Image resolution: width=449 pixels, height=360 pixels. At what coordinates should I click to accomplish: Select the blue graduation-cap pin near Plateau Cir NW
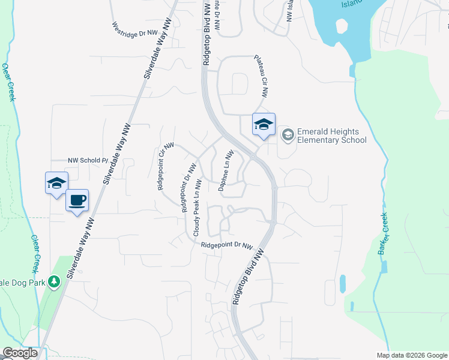point(264,125)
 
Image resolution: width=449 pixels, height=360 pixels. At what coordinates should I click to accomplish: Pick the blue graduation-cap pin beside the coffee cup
point(56,184)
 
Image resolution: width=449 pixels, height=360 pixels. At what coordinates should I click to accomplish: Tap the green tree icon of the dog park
point(54,281)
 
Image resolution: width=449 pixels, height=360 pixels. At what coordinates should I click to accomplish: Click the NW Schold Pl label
point(87,161)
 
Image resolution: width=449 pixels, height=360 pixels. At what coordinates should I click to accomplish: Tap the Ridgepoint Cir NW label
point(166,166)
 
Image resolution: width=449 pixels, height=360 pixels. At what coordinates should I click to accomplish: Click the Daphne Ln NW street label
point(225,170)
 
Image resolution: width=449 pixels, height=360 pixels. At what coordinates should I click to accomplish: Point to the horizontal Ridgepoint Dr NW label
point(227,245)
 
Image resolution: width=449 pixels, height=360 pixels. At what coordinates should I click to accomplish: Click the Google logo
point(19,353)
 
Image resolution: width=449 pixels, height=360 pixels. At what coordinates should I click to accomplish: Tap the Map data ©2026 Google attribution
point(412,355)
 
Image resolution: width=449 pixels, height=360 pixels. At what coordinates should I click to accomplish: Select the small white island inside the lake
point(341,26)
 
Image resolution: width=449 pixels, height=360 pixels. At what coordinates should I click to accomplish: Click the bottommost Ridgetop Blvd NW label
point(248,279)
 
